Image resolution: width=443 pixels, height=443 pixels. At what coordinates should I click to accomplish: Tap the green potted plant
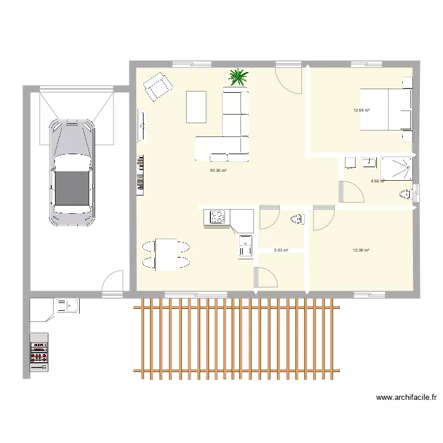[238, 76]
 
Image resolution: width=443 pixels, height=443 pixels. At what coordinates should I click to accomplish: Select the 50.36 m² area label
[219, 171]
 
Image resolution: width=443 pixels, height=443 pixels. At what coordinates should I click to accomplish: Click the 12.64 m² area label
[361, 110]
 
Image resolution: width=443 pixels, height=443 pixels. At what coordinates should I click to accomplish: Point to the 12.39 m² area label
[361, 250]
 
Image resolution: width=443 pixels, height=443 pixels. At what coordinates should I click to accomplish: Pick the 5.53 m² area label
[281, 250]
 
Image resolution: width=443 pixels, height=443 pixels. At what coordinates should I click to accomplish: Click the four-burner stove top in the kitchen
[217, 217]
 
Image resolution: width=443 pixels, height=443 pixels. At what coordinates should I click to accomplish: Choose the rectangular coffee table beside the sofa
[196, 107]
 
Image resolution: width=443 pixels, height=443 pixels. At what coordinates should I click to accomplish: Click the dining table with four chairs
[166, 255]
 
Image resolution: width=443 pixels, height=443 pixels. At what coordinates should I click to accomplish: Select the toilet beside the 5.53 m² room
[297, 220]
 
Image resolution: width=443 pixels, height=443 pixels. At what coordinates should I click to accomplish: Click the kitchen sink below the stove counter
[245, 246]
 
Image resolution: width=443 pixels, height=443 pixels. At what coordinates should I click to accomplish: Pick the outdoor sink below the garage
[68, 305]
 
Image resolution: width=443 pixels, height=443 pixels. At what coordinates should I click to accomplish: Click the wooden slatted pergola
[236, 338]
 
